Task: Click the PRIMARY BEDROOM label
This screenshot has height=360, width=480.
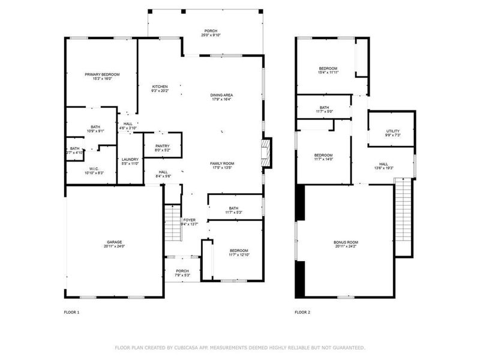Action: (102, 74)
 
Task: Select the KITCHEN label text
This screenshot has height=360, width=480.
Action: (160, 86)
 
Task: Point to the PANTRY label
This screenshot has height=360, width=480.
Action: (162, 146)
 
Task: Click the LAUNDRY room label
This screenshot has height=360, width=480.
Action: (130, 159)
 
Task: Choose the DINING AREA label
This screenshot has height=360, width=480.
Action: (221, 95)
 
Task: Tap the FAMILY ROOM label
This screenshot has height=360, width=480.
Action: (221, 163)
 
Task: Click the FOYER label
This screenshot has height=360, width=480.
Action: (190, 220)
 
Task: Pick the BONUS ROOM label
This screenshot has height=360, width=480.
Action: (346, 242)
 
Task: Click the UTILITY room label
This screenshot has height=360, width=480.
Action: (393, 131)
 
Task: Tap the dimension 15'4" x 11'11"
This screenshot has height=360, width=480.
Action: (328, 73)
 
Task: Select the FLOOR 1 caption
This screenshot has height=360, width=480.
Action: (71, 312)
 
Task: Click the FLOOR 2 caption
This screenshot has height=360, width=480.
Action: (302, 312)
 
